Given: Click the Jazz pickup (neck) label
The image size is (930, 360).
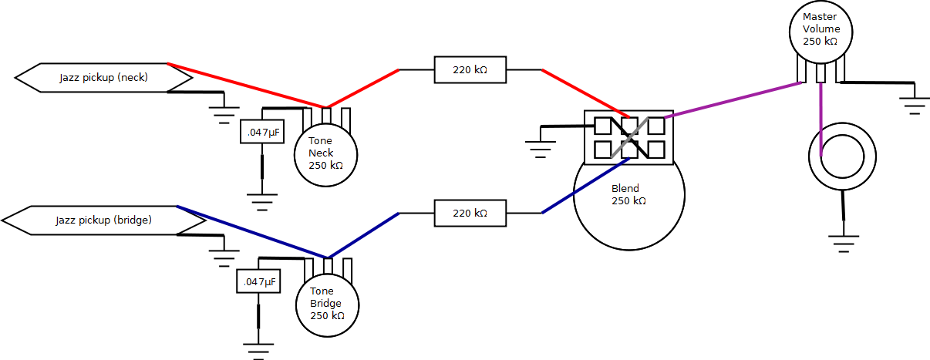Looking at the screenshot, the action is (x=103, y=78).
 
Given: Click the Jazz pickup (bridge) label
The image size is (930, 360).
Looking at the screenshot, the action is (x=104, y=220).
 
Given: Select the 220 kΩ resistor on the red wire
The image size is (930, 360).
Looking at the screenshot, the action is (x=470, y=69).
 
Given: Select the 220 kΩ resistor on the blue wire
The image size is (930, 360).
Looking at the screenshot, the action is (x=470, y=213).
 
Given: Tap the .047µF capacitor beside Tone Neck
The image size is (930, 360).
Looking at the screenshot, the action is (x=262, y=132).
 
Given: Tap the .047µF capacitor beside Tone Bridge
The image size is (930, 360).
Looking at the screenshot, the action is (x=258, y=281).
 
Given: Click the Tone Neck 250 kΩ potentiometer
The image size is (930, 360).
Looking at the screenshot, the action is (x=326, y=155).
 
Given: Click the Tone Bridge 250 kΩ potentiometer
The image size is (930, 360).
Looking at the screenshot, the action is (x=328, y=305).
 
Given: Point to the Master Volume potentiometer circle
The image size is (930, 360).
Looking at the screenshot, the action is (x=820, y=32).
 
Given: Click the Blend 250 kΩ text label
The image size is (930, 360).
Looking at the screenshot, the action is (x=628, y=195).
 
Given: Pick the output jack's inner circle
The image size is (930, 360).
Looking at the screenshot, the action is (x=842, y=156).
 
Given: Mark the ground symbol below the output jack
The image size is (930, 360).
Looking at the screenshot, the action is (x=844, y=244).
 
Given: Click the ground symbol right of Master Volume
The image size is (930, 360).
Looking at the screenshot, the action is (x=915, y=106).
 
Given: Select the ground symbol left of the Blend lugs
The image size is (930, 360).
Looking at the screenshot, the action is (x=541, y=150).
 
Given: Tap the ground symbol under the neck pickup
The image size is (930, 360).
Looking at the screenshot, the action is (x=224, y=116).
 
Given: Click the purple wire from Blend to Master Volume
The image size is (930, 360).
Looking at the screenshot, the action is (x=733, y=100).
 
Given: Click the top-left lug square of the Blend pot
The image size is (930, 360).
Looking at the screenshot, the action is (x=603, y=126).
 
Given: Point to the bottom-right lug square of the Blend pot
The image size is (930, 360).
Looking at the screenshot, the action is (x=656, y=150).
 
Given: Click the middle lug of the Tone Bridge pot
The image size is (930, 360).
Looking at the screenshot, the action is (x=328, y=267).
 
